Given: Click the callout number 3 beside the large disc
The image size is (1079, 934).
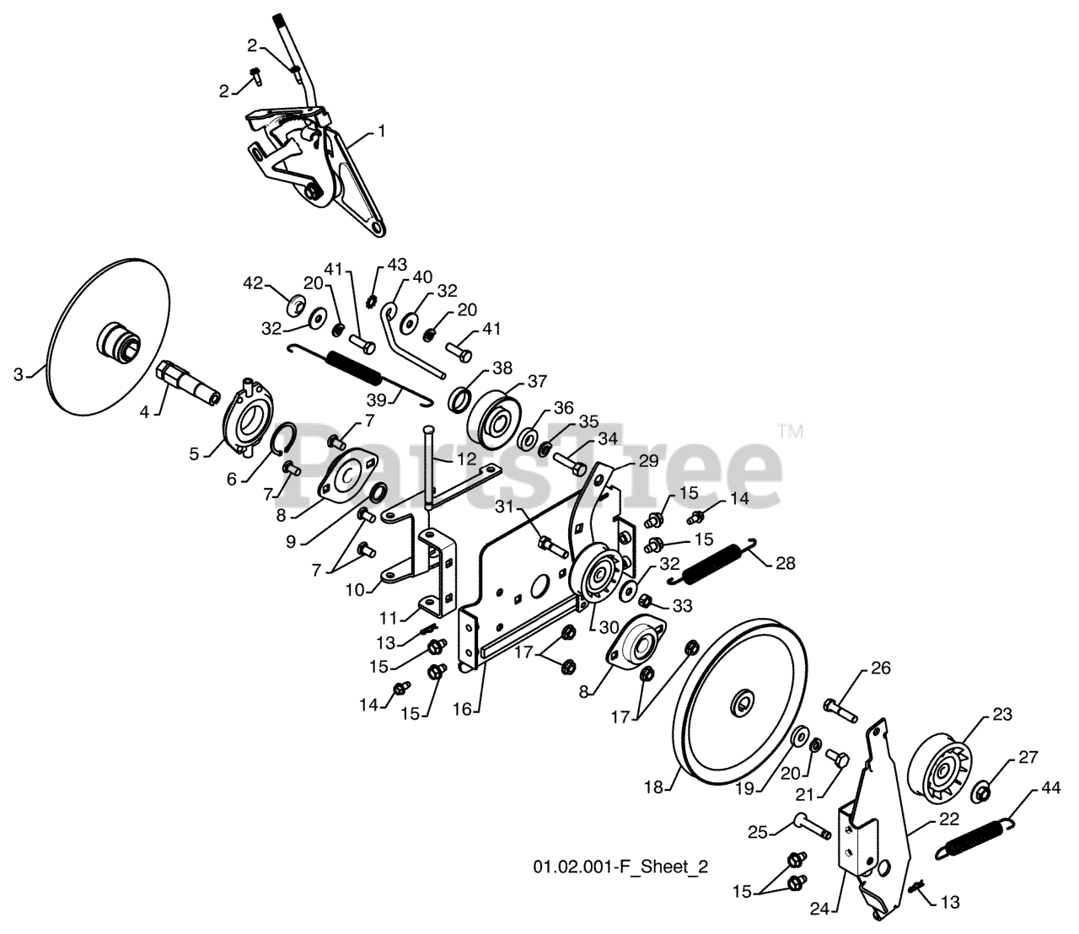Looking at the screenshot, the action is (19, 375).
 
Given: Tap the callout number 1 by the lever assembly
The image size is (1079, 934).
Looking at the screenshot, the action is (381, 131).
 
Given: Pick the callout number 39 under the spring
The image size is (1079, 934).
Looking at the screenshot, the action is (375, 399).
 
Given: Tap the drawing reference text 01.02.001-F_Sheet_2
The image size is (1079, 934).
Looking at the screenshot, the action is (620, 867).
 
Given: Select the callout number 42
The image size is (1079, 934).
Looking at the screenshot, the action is (254, 282).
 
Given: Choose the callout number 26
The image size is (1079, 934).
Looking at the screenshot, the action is (880, 670).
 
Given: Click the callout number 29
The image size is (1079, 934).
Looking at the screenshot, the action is (647, 461).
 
